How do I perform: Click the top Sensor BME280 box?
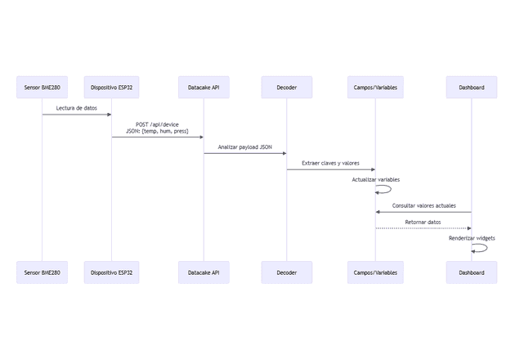coord(43,88)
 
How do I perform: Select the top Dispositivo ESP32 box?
coord(111,88)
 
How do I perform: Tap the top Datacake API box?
coord(204,88)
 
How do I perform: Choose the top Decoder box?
coord(286,88)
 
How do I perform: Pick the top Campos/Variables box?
coord(375,88)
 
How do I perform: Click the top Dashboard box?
coord(471,88)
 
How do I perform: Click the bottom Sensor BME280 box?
coord(43,272)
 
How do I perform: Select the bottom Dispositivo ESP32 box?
coord(111,272)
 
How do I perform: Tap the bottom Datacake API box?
coord(204,272)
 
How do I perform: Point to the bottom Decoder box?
coord(286,272)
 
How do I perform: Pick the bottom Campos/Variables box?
coord(375,272)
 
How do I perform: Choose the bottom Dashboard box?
coord(471,272)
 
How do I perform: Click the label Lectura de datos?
coord(77,107)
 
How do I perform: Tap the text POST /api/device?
coord(157,124)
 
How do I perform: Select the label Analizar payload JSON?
coord(245,147)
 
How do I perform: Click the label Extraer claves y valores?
coord(330,164)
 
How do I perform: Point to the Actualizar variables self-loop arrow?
coord(388,189)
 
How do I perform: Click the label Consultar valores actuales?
coord(423,205)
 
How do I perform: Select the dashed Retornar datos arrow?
coord(423,228)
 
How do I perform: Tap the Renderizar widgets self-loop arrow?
coord(485,248)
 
